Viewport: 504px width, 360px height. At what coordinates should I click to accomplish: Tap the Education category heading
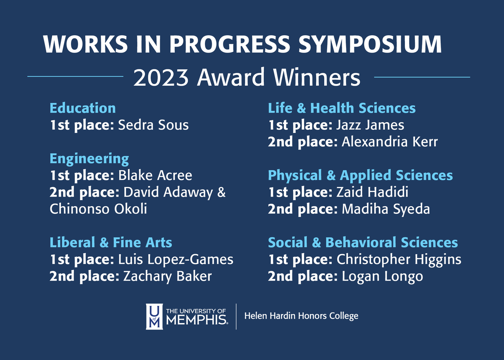tap(83, 108)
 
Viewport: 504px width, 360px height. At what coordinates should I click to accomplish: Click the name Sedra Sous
tap(153, 125)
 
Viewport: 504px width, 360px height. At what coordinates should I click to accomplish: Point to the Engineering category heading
tap(89, 159)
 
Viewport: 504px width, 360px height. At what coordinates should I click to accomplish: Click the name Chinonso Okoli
tap(98, 209)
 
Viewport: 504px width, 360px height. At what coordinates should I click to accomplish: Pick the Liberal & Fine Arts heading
tap(111, 242)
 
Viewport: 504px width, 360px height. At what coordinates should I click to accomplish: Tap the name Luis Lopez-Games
tap(176, 259)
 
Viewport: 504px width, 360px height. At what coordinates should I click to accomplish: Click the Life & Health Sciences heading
tap(341, 108)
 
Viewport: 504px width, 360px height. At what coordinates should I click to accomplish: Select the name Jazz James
tap(370, 125)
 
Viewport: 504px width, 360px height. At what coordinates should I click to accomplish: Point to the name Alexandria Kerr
tap(389, 142)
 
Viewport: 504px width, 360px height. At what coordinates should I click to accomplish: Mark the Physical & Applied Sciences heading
tap(360, 175)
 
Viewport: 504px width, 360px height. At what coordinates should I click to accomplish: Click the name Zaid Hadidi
tap(372, 192)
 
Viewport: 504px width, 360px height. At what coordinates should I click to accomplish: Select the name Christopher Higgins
tap(399, 259)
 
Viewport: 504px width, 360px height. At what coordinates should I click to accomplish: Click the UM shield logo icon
tap(154, 316)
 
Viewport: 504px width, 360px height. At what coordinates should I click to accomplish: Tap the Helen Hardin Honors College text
tap(301, 316)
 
